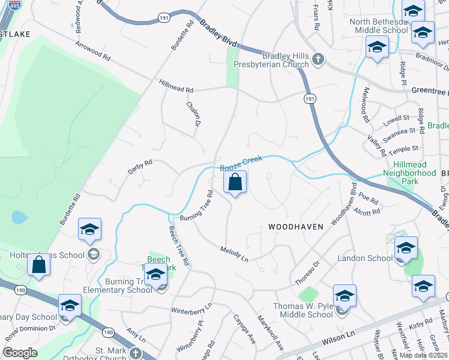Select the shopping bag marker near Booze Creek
point(235,182)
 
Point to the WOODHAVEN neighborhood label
point(296,227)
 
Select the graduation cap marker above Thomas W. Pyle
point(345,296)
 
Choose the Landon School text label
point(365,258)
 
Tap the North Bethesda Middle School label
point(379,26)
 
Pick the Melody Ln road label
point(234,253)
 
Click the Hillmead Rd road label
point(176,86)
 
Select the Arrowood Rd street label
point(93,52)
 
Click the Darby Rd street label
point(140,167)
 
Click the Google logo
point(20,353)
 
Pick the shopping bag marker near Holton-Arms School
point(39,265)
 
